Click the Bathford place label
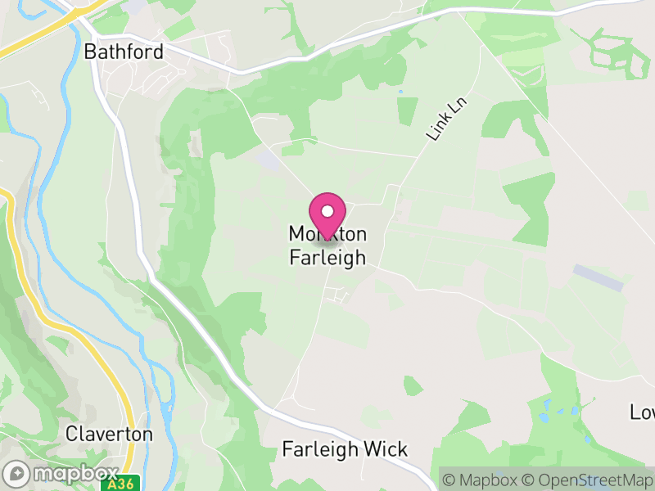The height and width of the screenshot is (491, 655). point(124,52)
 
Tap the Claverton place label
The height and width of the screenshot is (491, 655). point(109,433)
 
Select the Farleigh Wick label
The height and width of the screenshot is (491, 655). point(344,449)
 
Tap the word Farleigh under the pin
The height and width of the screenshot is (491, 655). point(327,257)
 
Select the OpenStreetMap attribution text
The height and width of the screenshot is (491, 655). point(587,480)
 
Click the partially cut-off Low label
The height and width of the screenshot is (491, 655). point(643,411)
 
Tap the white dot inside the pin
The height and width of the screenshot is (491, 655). point(327,211)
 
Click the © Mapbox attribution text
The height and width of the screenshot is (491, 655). point(481,480)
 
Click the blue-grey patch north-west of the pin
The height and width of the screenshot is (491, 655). point(268,159)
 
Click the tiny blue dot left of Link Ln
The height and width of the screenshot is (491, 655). point(400,92)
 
